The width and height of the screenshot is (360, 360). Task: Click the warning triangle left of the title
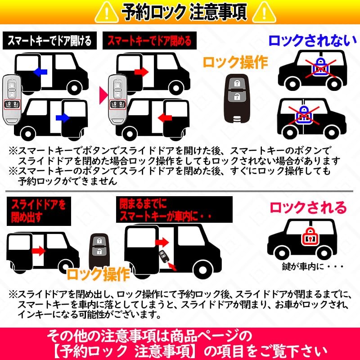[107, 13]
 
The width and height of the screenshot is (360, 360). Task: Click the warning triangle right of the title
[264, 13]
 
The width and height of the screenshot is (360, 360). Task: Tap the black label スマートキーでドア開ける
[49, 40]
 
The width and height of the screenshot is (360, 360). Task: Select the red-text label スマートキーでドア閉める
[149, 40]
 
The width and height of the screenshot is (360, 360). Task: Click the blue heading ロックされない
[312, 41]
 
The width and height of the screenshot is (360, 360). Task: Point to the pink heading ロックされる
[308, 208]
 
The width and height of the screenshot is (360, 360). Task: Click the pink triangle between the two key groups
[103, 95]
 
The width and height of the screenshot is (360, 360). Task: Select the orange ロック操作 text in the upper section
[235, 63]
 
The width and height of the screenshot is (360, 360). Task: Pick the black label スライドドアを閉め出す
[39, 211]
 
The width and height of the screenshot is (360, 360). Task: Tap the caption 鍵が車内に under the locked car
[312, 266]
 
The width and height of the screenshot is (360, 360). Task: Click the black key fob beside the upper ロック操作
[237, 98]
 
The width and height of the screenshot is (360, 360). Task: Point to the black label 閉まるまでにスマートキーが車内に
[174, 210]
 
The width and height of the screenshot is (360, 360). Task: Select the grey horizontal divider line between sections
[179, 191]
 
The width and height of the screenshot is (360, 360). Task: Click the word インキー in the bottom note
[35, 314]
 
